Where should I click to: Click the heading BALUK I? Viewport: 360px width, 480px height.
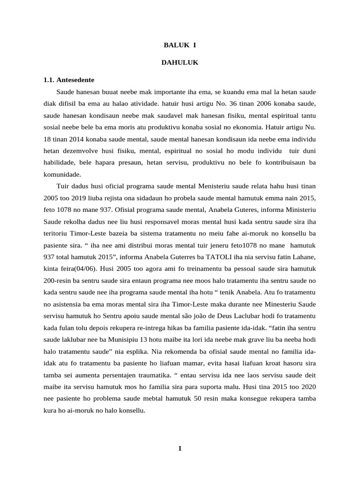click(180, 45)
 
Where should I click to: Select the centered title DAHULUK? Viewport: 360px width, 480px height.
click(180, 62)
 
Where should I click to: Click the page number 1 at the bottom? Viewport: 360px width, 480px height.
click(180, 449)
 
